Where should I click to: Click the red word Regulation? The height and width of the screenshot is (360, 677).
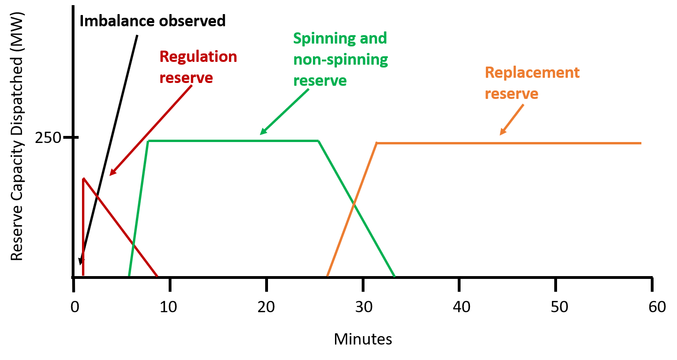pos(198,57)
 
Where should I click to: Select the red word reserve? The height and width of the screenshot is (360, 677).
pos(186,78)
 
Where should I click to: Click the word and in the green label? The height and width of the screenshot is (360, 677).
pos(373,38)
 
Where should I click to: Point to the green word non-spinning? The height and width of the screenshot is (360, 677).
pos(341,60)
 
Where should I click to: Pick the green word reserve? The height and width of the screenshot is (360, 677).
pos(320,81)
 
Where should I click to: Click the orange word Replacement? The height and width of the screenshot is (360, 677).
pos(532,73)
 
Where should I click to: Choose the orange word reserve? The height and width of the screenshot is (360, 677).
pos(512,94)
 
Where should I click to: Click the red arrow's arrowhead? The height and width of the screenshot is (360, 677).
pos(112,174)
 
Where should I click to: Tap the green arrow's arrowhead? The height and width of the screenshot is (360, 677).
pos(262,133)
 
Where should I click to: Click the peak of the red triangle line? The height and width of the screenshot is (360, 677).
pos(83,179)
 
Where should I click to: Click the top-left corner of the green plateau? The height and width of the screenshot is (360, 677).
pos(148,141)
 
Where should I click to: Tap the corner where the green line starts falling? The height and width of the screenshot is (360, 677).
pos(319,141)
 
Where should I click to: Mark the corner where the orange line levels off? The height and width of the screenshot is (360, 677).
pos(377,142)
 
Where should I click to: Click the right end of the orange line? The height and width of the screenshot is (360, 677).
pos(640,142)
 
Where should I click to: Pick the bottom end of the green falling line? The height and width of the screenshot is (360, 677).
pos(394,276)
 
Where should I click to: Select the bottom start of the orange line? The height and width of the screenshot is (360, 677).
pos(327,275)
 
